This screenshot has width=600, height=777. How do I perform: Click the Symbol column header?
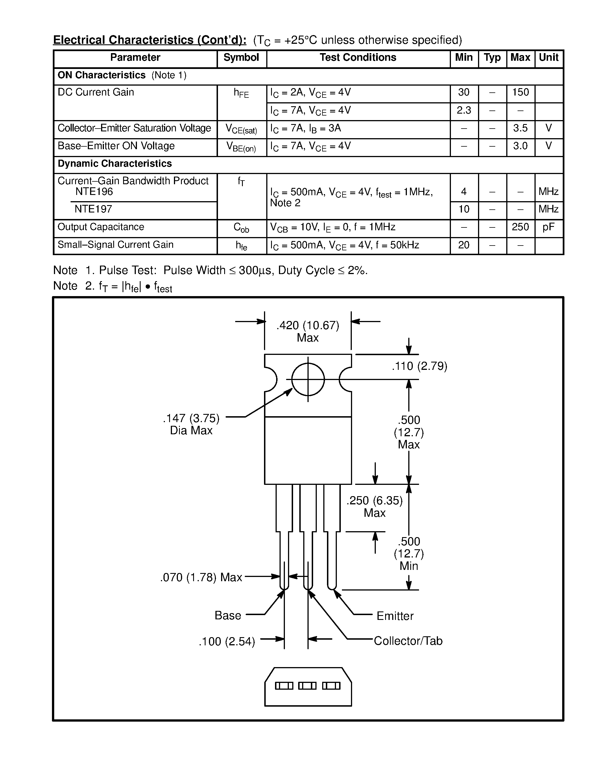[x=241, y=58]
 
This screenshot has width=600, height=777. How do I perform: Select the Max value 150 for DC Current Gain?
[x=520, y=92]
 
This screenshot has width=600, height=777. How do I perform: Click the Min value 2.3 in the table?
[x=464, y=110]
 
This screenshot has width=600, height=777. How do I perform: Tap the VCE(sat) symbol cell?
[x=241, y=129]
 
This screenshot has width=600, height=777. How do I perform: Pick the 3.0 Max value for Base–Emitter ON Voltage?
[x=520, y=146]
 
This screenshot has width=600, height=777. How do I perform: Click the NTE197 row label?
[x=93, y=209]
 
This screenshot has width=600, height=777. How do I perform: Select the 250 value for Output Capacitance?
[x=520, y=227]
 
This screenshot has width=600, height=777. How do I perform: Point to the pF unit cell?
[x=548, y=227]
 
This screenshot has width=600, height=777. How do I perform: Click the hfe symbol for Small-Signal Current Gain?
[x=241, y=246]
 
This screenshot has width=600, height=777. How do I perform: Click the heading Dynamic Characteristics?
[x=114, y=164]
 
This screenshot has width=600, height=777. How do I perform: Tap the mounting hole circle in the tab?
[x=308, y=379]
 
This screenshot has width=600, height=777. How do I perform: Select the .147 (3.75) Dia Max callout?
[x=191, y=424]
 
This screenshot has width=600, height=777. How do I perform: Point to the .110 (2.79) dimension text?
[x=419, y=366]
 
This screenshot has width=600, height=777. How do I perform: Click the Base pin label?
[x=228, y=615]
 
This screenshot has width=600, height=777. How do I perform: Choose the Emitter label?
[x=395, y=616]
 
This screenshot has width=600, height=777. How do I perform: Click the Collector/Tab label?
[x=408, y=641]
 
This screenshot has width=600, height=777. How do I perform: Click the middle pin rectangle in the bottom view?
[x=307, y=685]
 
